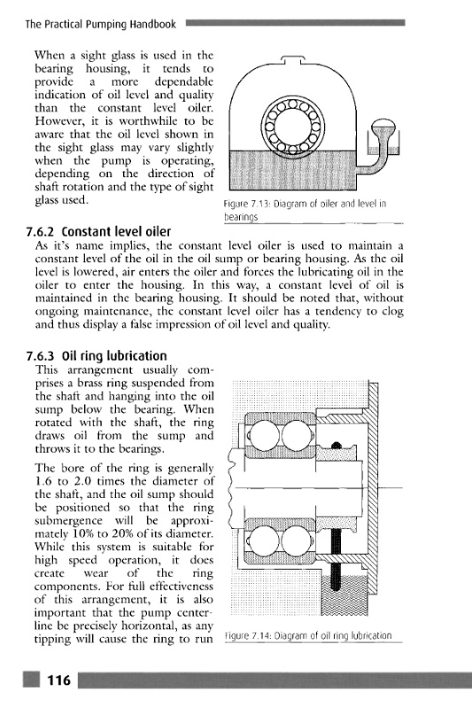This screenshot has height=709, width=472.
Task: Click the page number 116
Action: [59, 680]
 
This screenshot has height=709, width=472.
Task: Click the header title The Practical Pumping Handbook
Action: [101, 24]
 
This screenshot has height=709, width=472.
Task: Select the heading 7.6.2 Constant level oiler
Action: [98, 231]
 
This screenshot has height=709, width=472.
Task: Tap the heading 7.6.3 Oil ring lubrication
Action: [97, 356]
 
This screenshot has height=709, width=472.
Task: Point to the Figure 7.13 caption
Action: [305, 210]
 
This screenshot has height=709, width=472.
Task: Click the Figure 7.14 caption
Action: [308, 635]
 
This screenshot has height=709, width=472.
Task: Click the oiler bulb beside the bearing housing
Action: [383, 127]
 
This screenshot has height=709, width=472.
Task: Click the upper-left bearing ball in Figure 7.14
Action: [264, 436]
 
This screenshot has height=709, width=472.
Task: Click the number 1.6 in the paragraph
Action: [43, 481]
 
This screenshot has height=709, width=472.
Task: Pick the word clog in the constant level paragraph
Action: [392, 312]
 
